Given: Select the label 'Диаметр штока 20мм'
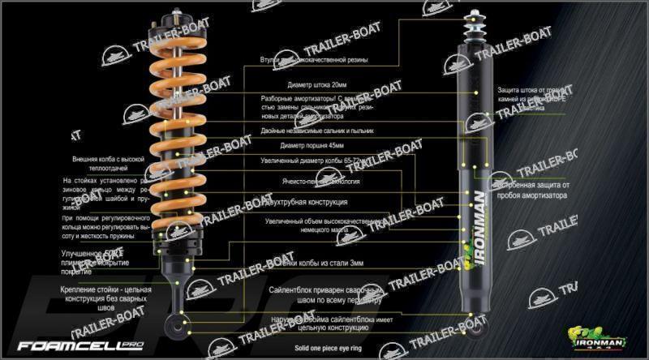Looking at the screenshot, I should click(316, 84).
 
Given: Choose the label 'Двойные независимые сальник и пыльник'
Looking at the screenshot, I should click(316, 130).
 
